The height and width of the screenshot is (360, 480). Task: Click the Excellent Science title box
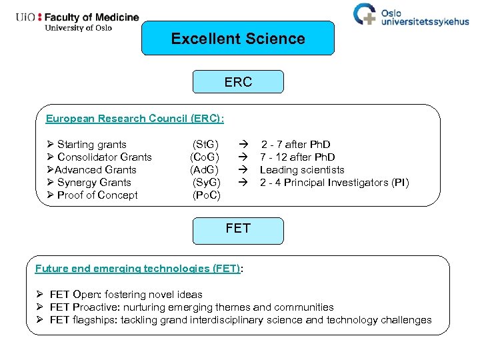coord(238,39)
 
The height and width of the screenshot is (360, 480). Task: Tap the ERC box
coord(238,82)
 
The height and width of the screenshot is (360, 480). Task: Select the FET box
coord(238,229)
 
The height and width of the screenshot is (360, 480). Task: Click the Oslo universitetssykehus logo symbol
coord(365,15)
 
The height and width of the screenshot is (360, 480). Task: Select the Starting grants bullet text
coord(91,145)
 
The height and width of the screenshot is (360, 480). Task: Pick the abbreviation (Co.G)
coord(205,157)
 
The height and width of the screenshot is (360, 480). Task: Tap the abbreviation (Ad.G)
coord(205,170)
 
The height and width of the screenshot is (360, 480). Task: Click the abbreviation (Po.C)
coord(206,195)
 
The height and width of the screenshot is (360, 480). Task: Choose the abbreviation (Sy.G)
coord(205,183)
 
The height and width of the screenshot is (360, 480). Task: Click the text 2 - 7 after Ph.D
coord(295,145)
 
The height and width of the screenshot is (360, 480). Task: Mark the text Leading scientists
coord(302,170)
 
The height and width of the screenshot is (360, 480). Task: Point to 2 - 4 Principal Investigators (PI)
coord(334,183)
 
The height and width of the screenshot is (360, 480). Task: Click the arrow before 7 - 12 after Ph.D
coord(244,157)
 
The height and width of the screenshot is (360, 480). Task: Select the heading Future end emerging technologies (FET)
coord(137,269)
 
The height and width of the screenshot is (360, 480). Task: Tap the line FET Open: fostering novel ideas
coord(126,295)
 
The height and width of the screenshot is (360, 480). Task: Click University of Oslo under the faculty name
coord(78,28)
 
